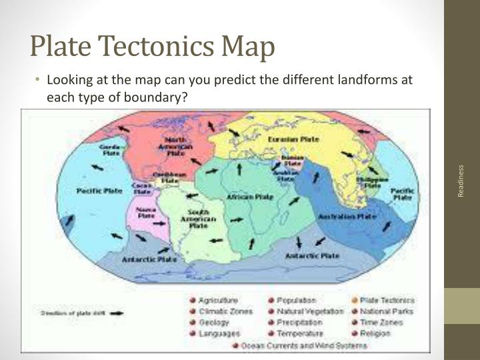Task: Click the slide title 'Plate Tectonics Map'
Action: [153, 47]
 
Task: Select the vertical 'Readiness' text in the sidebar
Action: [461, 180]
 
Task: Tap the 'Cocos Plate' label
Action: [141, 189]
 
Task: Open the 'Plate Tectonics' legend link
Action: [387, 301]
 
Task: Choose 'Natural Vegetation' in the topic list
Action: [309, 311]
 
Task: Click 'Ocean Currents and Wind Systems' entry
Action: [303, 345]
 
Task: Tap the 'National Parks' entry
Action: [387, 311]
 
